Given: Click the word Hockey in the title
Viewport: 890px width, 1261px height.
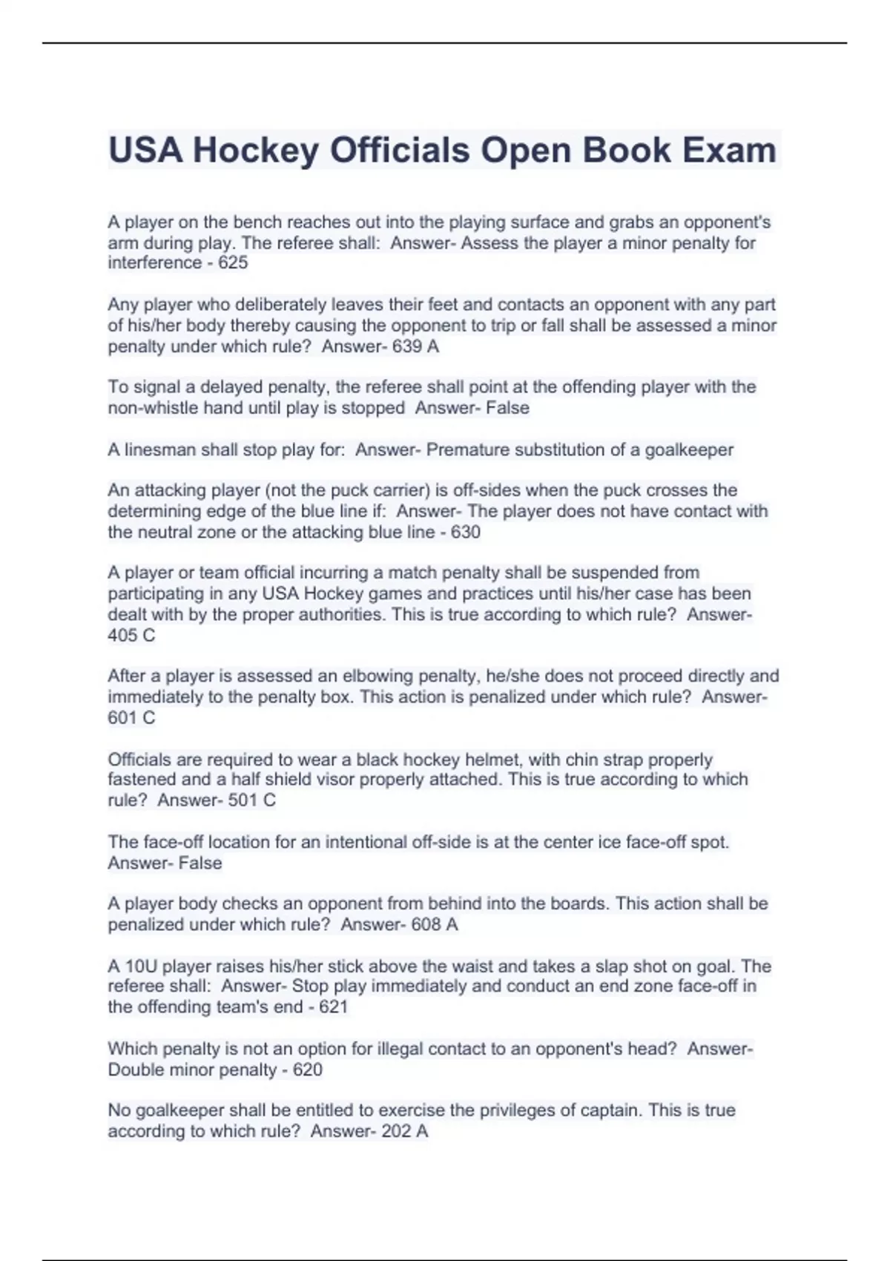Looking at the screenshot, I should [x=256, y=151].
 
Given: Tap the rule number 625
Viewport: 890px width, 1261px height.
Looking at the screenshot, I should [x=233, y=263].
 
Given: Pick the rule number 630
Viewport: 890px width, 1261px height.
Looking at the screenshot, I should [x=465, y=532].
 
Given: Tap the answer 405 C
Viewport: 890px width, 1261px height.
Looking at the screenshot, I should [x=131, y=635].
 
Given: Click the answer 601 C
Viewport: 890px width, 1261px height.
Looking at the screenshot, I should [x=131, y=717].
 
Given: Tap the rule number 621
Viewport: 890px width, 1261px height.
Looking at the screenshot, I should [x=333, y=1007].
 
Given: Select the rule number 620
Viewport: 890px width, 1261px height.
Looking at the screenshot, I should [x=307, y=1070].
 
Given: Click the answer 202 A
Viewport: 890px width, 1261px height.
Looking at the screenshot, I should [x=404, y=1131].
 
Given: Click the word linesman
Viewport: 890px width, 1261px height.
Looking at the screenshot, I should [x=160, y=450].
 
